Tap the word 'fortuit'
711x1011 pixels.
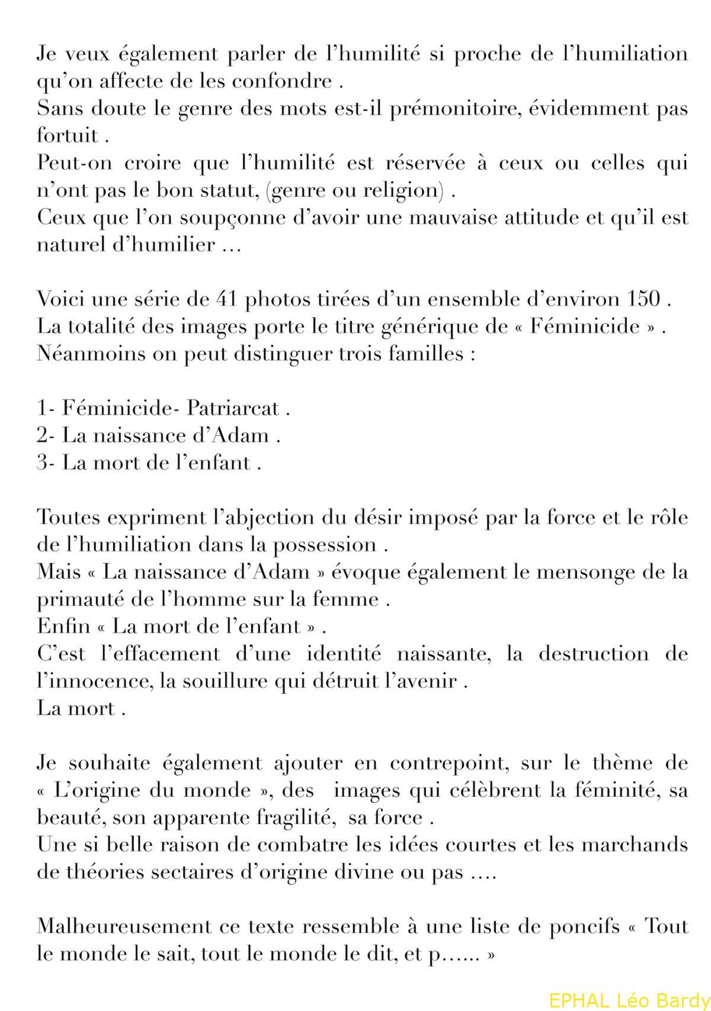coord(67,136)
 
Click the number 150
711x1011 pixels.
coord(644,299)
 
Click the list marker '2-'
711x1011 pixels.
coord(46,436)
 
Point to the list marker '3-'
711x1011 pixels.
coord(46,462)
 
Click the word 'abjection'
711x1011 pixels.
coord(262,517)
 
